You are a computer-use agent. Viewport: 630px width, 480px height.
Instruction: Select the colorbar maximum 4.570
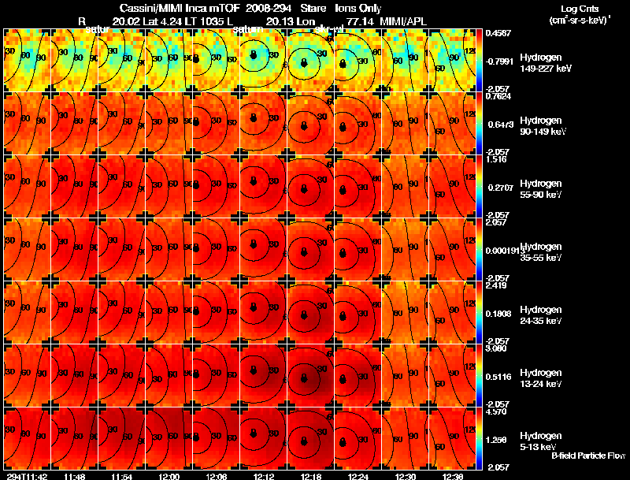click(498, 411)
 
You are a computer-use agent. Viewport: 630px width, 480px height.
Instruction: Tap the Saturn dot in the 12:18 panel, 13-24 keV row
click(304, 378)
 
